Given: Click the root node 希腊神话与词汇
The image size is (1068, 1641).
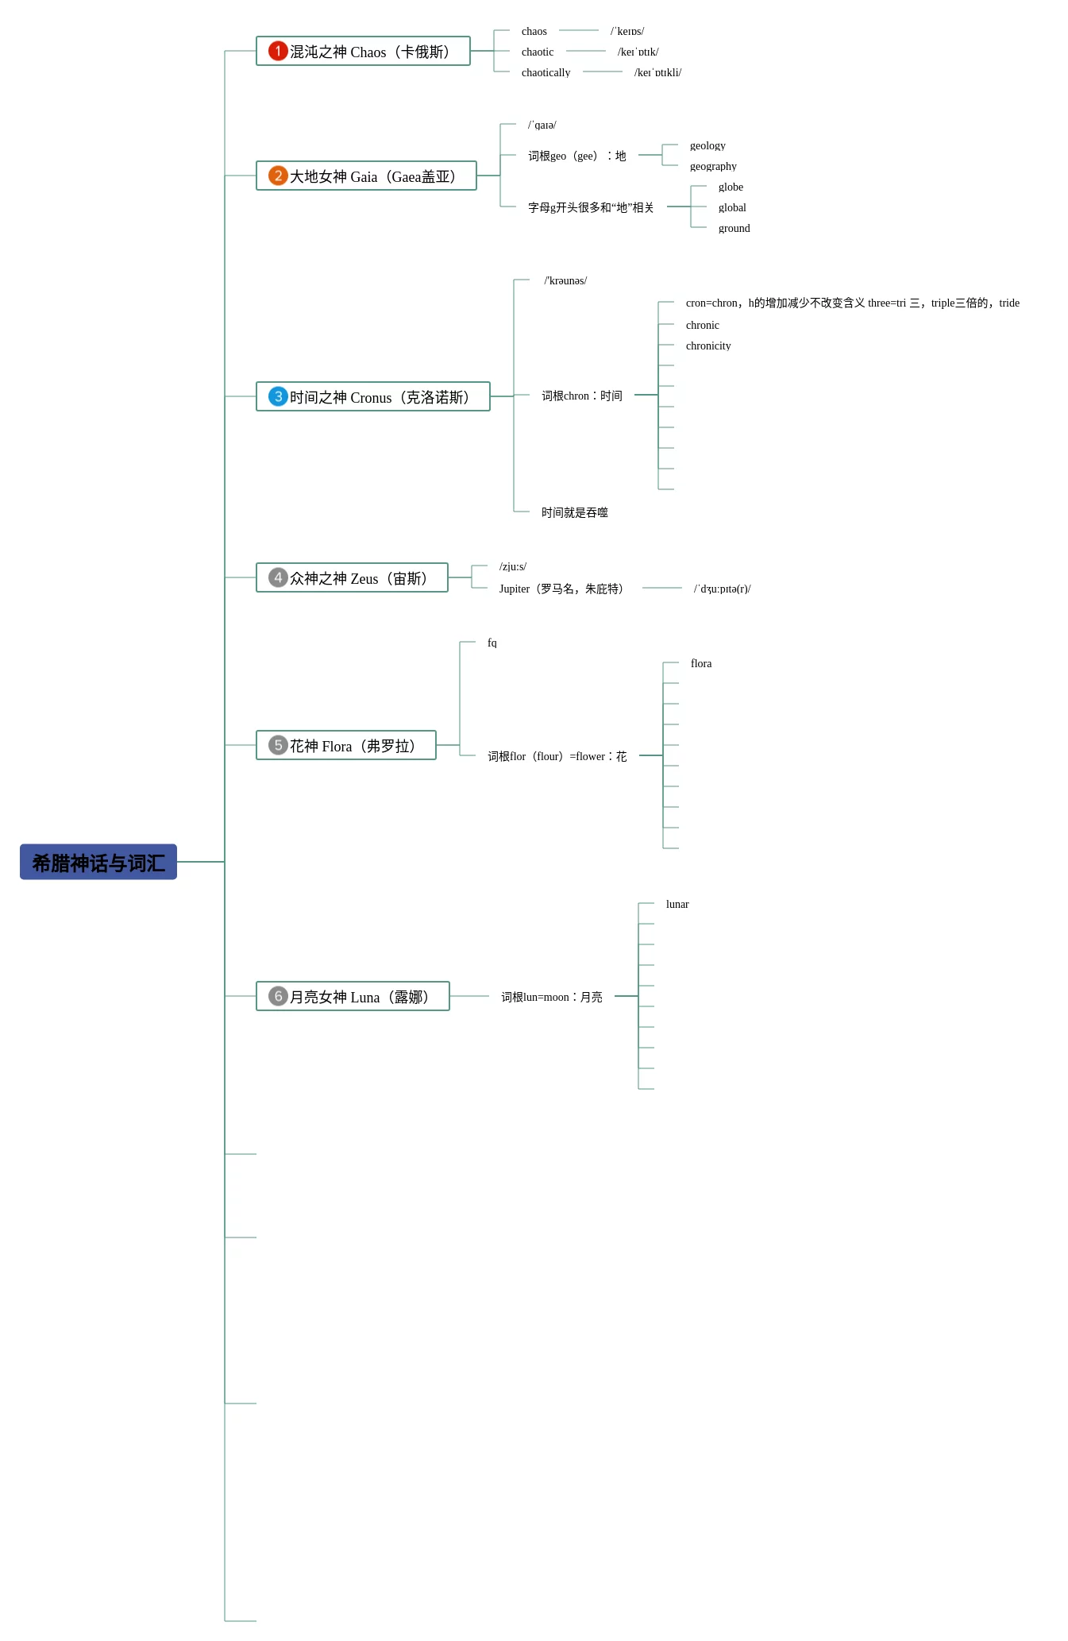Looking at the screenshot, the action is [98, 862].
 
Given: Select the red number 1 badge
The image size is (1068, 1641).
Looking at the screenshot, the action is [278, 51].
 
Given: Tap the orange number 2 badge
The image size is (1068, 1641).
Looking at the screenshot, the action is [278, 176].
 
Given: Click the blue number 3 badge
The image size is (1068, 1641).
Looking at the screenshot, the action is [278, 396].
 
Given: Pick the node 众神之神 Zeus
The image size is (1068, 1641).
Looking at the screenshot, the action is [352, 577].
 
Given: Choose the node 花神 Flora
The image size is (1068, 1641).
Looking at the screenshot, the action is [346, 745].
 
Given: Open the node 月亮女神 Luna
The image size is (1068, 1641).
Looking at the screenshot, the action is [353, 996].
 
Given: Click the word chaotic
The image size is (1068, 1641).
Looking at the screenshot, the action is [538, 52].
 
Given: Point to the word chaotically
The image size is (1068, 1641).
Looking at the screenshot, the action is [546, 72].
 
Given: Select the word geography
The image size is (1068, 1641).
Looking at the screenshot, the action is [713, 166].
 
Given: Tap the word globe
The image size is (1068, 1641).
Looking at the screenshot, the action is [731, 187].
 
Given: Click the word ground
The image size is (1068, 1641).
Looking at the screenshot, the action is [734, 228].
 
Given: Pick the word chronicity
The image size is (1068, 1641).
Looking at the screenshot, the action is [708, 346].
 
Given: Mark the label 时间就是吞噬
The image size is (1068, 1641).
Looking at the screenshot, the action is [574, 512].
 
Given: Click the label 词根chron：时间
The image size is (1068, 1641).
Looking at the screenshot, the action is [581, 396].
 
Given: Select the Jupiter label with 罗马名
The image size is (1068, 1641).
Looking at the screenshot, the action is [562, 589].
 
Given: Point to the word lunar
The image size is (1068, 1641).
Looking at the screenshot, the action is [677, 904].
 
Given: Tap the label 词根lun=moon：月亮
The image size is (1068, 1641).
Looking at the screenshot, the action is [551, 997].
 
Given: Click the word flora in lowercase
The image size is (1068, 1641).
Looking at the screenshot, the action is [701, 663].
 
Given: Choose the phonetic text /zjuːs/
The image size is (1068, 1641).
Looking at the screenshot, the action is [513, 566].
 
